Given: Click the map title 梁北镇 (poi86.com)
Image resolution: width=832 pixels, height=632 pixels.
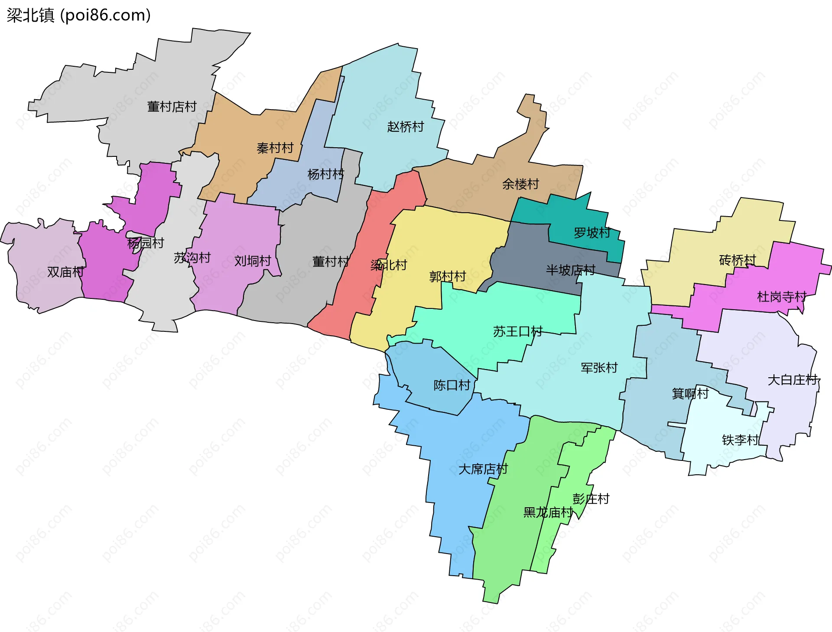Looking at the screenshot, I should pyautogui.click(x=78, y=15).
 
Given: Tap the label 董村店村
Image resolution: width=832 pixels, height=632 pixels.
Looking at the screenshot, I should pyautogui.click(x=172, y=107).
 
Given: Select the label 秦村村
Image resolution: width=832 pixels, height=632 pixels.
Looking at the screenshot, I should pyautogui.click(x=275, y=148).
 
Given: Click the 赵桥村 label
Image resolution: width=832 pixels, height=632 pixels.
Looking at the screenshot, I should pyautogui.click(x=405, y=127).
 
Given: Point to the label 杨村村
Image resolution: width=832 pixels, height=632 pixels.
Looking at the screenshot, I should pyautogui.click(x=325, y=174).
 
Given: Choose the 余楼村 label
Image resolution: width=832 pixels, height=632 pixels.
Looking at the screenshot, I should pyautogui.click(x=520, y=184).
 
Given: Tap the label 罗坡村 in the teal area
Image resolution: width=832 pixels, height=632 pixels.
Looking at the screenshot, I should pyautogui.click(x=592, y=233).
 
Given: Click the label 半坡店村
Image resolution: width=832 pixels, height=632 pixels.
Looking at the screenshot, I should pyautogui.click(x=570, y=270).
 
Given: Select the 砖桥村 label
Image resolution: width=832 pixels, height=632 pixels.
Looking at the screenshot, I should pyautogui.click(x=737, y=260).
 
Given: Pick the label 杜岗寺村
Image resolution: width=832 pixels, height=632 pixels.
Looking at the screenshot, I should pyautogui.click(x=781, y=297).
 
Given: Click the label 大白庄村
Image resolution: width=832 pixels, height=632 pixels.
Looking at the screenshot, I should pyautogui.click(x=792, y=380).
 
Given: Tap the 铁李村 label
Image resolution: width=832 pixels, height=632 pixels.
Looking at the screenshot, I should pyautogui.click(x=740, y=440).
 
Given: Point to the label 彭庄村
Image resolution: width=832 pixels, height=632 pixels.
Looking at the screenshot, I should pyautogui.click(x=591, y=499).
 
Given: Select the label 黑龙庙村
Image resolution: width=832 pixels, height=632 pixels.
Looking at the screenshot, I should pyautogui.click(x=548, y=512).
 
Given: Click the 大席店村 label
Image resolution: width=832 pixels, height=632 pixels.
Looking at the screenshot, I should pyautogui.click(x=483, y=469).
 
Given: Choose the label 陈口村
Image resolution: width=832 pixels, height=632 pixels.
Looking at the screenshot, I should pyautogui.click(x=452, y=385).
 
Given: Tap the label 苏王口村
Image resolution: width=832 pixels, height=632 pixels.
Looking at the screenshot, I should pyautogui.click(x=517, y=332).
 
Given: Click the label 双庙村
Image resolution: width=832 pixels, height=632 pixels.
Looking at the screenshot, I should pyautogui.click(x=65, y=272).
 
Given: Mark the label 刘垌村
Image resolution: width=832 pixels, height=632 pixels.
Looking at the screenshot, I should pyautogui.click(x=253, y=261).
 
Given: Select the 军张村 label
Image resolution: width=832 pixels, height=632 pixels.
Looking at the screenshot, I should pyautogui.click(x=599, y=368).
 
